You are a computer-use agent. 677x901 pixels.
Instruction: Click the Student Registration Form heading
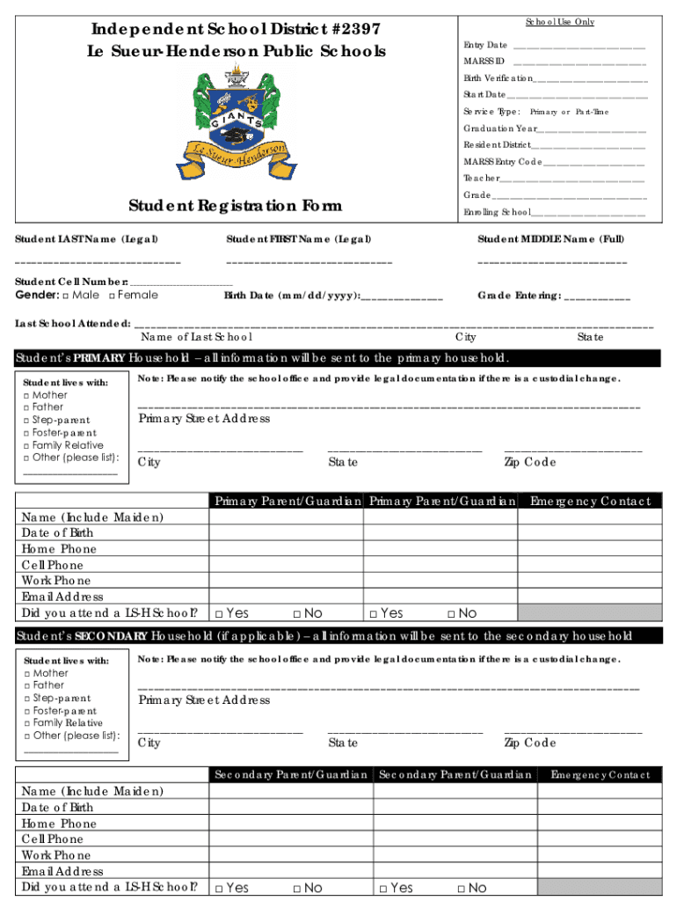(235, 206)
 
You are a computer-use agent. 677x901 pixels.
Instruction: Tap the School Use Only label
(559, 22)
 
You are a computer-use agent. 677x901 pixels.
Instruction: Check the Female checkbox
(113, 296)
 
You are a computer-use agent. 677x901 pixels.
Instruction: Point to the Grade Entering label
(519, 296)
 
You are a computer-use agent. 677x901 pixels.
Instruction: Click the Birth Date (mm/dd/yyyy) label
(292, 296)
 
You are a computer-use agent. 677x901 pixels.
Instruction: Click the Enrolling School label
(497, 212)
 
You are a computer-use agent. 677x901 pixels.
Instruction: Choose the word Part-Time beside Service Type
(593, 112)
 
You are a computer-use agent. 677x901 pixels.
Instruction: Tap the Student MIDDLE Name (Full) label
(550, 239)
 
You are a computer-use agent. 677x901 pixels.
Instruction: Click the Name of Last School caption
(197, 337)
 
